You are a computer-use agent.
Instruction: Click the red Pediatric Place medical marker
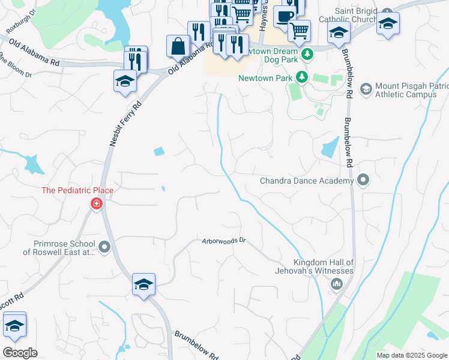95,205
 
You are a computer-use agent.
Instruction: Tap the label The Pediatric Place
77,191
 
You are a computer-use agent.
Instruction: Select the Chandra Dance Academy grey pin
363,180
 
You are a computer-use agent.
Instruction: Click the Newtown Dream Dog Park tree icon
308,55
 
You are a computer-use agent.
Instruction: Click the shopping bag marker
178,46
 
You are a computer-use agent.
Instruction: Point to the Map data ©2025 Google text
411,355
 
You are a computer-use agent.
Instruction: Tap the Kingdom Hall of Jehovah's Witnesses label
324,266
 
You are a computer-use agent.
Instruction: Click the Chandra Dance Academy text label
306,181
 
